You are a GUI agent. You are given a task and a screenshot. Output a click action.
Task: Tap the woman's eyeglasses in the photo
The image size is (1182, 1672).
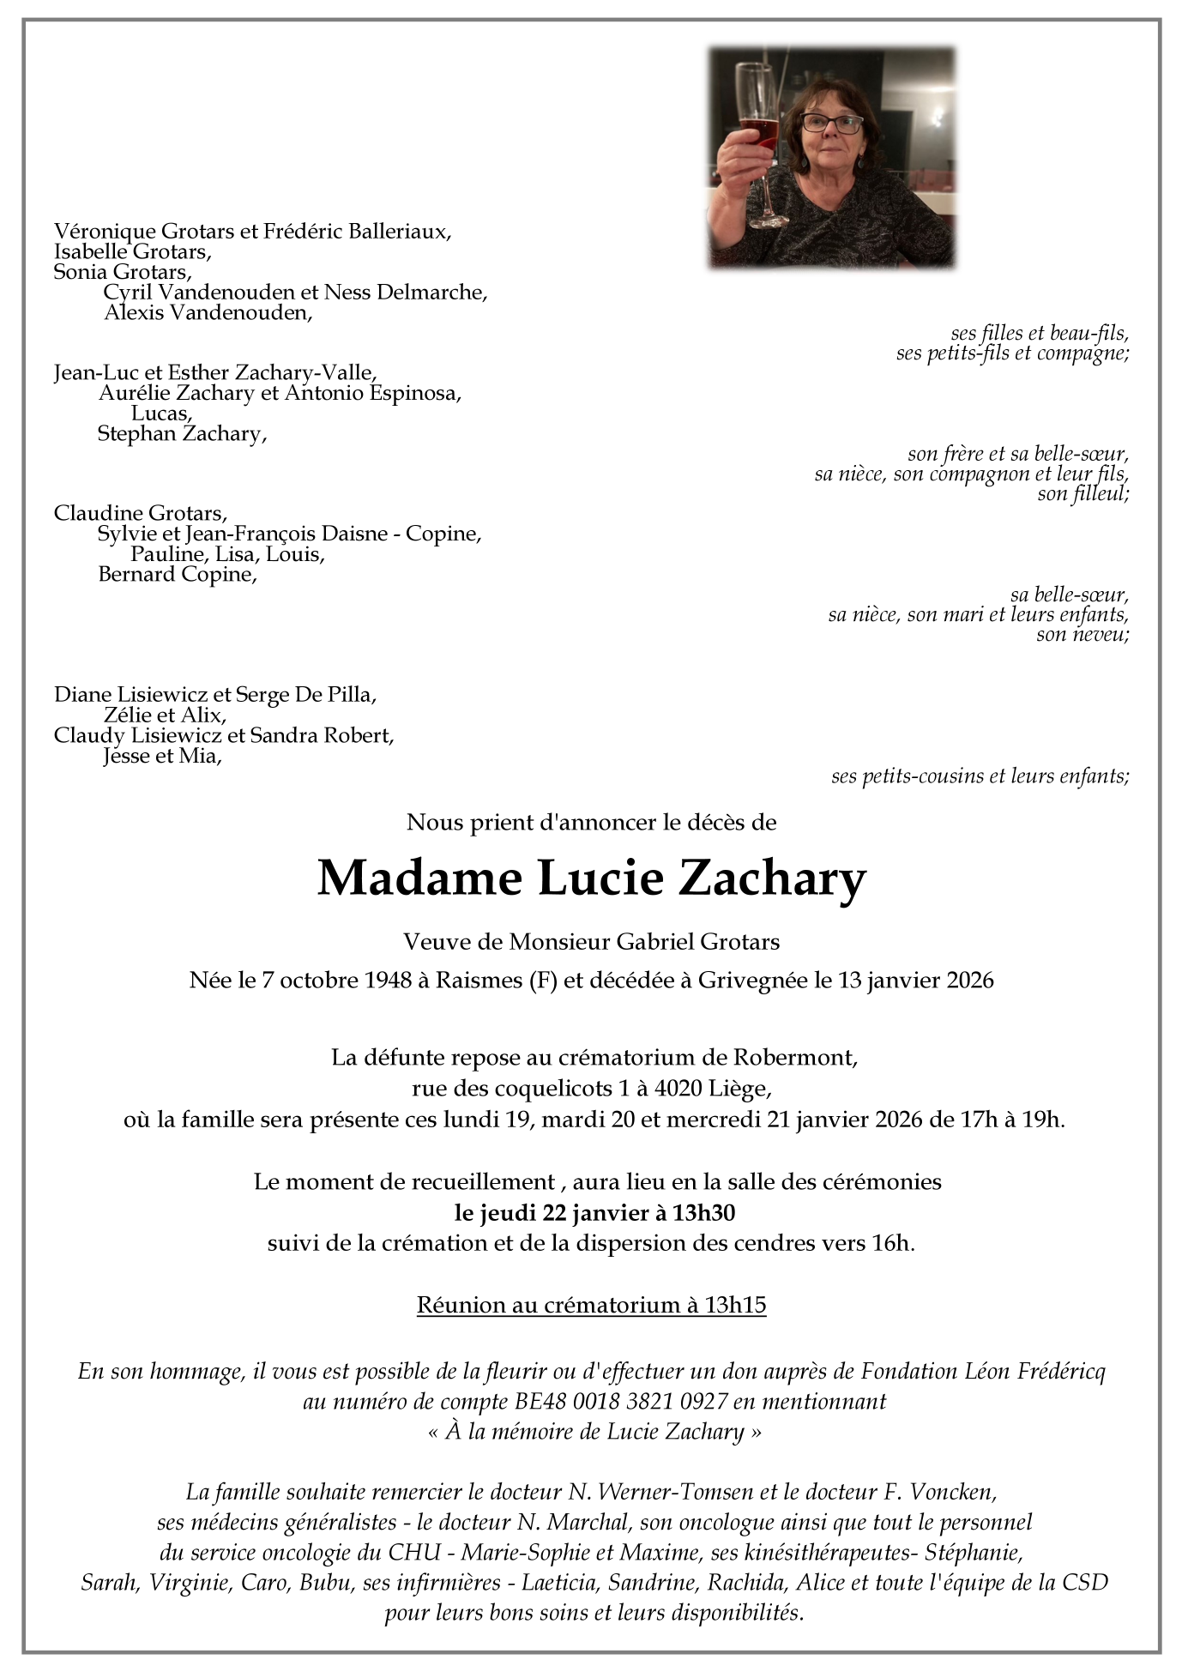tap(831, 123)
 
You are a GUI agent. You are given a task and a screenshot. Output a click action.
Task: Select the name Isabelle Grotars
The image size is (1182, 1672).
tap(132, 251)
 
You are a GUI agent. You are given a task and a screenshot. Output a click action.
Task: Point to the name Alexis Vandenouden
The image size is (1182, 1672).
tap(208, 312)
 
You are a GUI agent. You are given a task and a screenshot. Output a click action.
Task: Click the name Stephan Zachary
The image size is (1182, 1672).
tap(181, 434)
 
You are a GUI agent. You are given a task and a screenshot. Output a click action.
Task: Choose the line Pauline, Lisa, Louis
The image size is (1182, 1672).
tap(226, 554)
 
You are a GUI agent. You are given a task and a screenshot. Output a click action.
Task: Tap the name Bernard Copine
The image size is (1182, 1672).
tap(177, 575)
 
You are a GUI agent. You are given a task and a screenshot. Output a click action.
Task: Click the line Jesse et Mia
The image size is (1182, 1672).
tap(161, 757)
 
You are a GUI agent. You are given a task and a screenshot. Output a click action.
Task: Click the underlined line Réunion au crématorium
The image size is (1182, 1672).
tap(591, 1306)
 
